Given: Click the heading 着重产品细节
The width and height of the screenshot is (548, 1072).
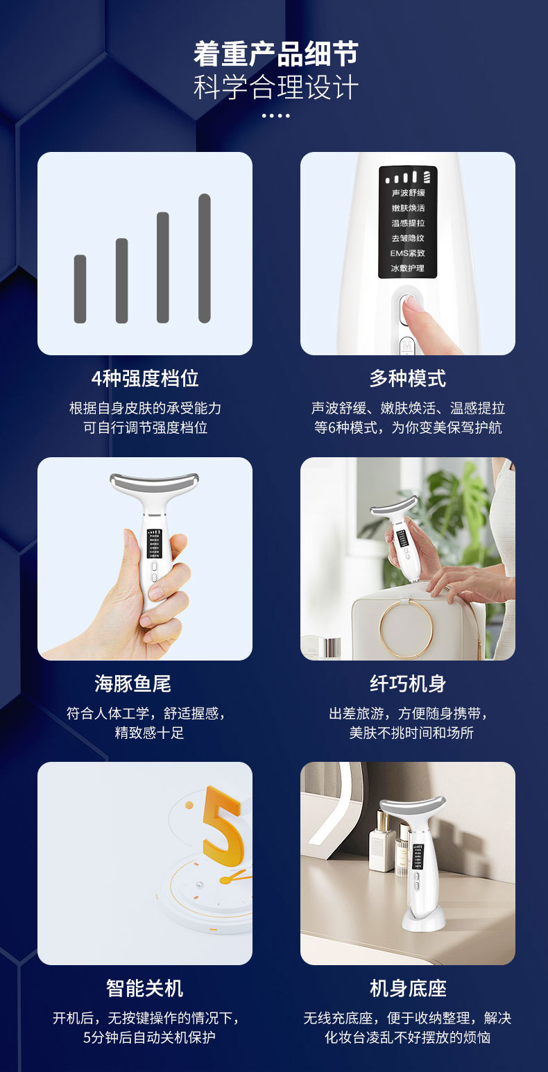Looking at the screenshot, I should (275, 54).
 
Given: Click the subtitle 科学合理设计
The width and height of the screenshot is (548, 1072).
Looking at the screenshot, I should (275, 88).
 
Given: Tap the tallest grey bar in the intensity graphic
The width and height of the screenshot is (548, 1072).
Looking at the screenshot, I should (204, 258).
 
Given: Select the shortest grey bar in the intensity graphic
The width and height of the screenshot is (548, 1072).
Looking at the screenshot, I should (80, 289).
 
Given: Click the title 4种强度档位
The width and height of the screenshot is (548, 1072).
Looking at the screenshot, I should (145, 378).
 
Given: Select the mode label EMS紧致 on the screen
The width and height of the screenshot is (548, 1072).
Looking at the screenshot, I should (408, 253).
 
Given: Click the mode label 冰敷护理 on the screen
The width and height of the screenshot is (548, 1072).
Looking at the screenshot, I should (408, 269).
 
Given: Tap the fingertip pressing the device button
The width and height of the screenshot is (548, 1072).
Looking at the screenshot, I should (415, 306).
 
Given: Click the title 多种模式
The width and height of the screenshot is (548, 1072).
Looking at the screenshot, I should (408, 378).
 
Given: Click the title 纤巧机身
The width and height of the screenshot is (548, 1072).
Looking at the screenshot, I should (408, 683).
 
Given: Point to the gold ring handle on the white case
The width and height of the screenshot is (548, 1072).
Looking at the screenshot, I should (406, 629).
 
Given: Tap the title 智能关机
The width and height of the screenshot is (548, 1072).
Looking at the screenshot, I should (145, 988).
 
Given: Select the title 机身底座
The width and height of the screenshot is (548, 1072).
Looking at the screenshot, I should (408, 988).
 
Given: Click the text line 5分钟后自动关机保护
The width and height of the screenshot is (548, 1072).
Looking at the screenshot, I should (145, 1038).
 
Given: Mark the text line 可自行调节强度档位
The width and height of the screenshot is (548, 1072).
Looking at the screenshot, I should (145, 427).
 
